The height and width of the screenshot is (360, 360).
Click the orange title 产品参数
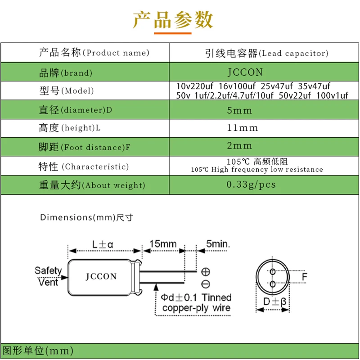point(172,20)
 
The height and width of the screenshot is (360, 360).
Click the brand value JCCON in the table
point(245,72)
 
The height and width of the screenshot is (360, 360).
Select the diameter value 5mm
point(240,110)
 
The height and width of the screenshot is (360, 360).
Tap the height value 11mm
point(243,128)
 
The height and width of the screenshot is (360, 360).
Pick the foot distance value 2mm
point(240,146)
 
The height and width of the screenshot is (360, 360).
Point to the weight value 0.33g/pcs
point(251,184)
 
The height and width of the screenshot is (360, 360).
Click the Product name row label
point(94,53)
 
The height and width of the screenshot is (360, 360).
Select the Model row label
point(66,91)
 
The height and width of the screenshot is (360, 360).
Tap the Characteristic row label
point(83,166)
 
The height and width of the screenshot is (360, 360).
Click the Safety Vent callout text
point(48,276)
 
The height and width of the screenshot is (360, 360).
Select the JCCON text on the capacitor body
point(101,276)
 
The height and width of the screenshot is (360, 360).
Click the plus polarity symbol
point(206,272)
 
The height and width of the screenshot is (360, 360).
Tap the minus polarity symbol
point(206,284)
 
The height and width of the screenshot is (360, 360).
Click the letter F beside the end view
point(304,277)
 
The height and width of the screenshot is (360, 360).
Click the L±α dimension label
point(103,245)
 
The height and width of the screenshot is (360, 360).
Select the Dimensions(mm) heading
point(86,217)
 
